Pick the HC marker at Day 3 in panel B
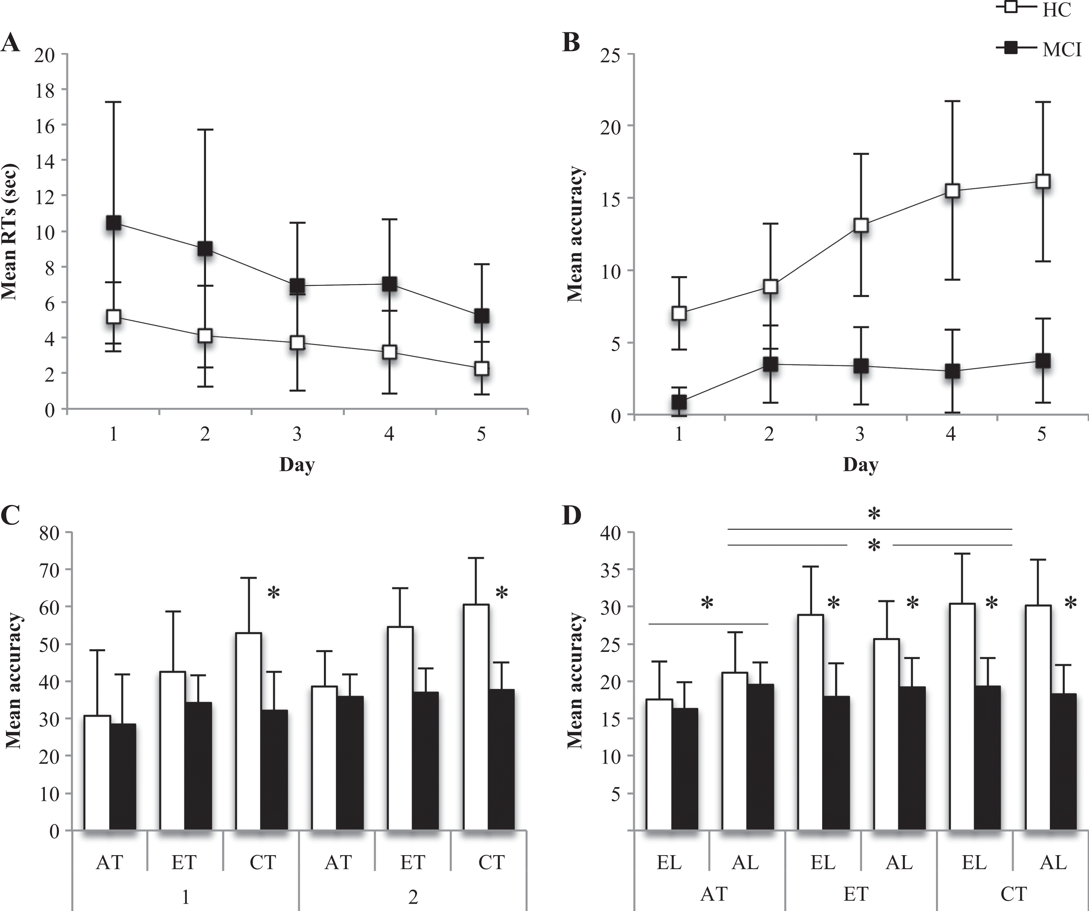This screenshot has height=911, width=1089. click(x=861, y=225)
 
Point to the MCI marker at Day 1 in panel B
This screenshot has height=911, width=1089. click(x=679, y=402)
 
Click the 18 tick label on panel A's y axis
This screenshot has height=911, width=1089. click(x=45, y=90)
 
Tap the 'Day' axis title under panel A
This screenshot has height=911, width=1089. click(x=297, y=464)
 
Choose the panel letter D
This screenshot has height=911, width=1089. click(x=571, y=516)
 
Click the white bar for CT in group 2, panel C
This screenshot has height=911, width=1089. click(x=476, y=717)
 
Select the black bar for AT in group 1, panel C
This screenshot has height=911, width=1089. click(x=123, y=777)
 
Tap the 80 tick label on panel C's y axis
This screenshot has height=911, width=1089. click(x=50, y=533)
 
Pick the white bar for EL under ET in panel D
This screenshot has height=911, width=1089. click(x=811, y=723)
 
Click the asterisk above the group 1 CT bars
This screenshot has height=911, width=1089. click(x=273, y=593)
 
